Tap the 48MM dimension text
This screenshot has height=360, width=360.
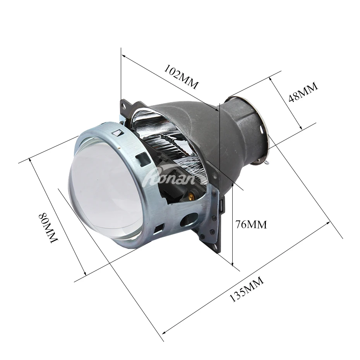tap(303, 92)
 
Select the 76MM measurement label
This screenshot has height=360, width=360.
tap(251, 224)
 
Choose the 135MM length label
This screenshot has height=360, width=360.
tap(247, 290)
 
